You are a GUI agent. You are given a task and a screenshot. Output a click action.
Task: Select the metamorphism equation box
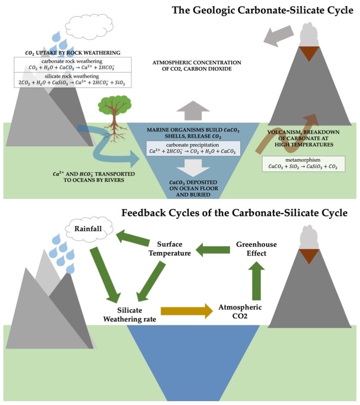point(303,164)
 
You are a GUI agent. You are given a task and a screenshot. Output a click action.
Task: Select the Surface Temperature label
point(169,249)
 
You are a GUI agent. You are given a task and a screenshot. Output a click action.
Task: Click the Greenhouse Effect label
point(256,249)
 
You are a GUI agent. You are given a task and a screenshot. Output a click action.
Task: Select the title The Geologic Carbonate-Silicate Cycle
point(263,10)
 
